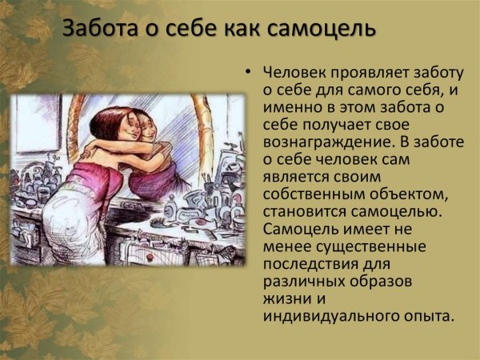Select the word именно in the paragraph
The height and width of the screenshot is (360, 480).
290,107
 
